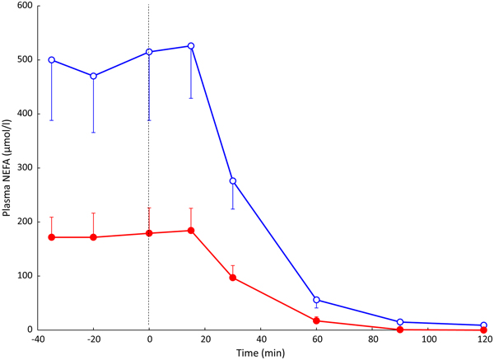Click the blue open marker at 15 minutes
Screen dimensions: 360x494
coord(191,46)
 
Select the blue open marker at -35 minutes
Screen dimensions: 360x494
coord(52,60)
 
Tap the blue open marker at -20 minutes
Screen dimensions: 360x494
coord(93,76)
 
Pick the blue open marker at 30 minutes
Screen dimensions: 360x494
coord(233,180)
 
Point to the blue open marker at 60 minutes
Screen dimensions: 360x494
coord(317,300)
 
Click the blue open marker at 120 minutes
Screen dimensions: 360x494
coord(484,325)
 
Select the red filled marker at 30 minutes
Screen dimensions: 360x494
coord(233,278)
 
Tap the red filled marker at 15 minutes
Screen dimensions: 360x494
coord(191,231)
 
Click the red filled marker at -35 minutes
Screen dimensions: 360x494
coord(52,237)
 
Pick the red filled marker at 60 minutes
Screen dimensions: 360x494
coord(317,320)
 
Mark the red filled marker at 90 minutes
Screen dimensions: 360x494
coord(400,330)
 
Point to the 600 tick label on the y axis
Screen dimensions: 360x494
coord(22,7)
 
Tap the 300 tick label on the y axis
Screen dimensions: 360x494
coord(22,168)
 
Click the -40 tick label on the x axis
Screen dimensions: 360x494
coord(36,339)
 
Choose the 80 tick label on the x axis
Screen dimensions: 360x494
coord(372,339)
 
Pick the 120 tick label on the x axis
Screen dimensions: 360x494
coord(484,339)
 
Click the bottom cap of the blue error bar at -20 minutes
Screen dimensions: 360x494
coord(93,132)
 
